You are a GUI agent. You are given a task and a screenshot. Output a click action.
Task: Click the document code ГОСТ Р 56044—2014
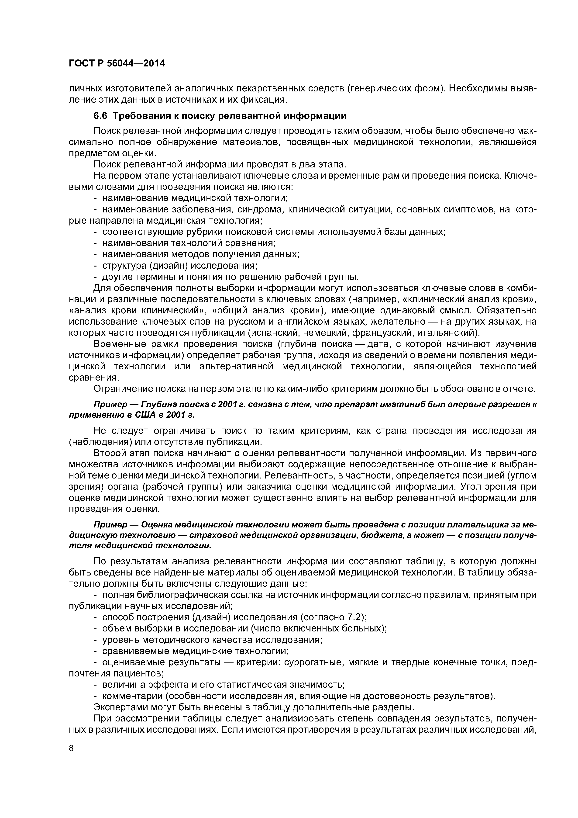pyautogui.click(x=117, y=63)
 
